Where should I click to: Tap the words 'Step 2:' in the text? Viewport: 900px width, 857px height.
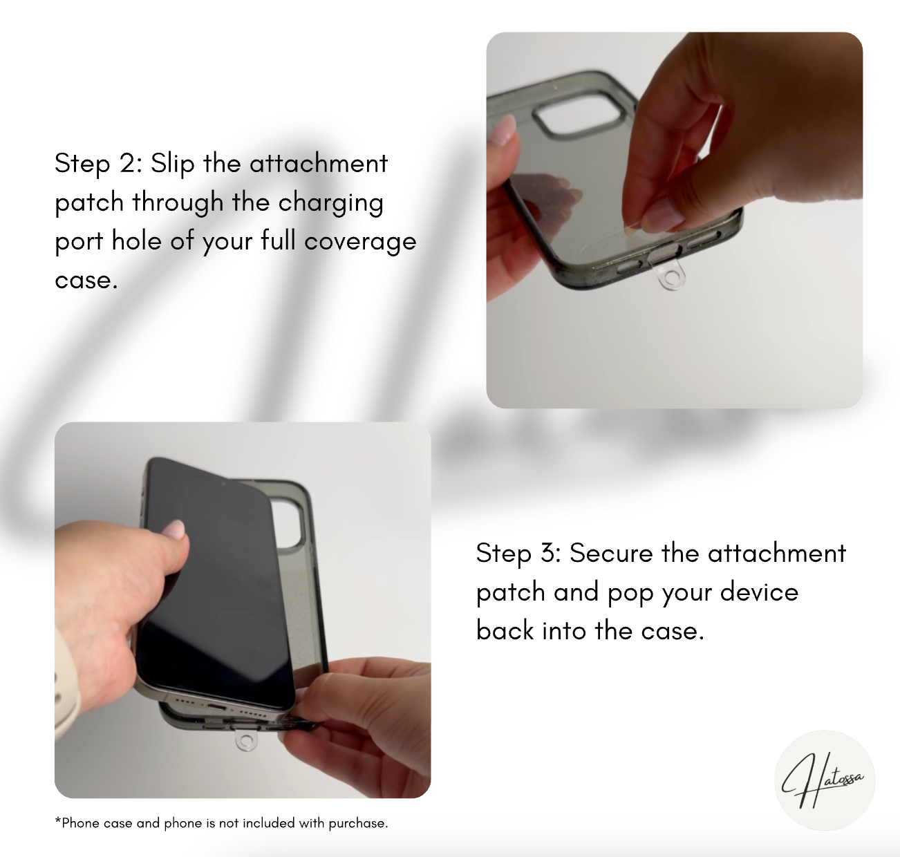point(98,164)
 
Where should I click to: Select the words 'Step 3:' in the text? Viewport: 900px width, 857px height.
point(518,553)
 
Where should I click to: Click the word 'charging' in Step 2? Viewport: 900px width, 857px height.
point(330,203)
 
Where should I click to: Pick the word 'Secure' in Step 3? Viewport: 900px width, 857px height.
point(611,553)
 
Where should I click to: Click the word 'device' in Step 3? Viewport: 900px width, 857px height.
point(759,592)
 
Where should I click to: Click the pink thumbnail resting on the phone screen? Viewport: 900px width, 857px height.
point(175,529)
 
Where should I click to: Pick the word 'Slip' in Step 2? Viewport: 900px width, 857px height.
point(173,164)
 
